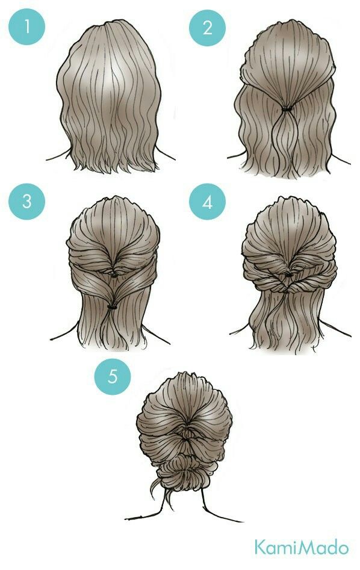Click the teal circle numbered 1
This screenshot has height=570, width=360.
pyautogui.click(x=26, y=26)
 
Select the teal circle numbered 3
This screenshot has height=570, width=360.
pyautogui.click(x=26, y=202)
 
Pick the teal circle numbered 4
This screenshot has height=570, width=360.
pyautogui.click(x=207, y=202)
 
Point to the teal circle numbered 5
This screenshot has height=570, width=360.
pyautogui.click(x=113, y=376)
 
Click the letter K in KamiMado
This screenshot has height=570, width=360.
pyautogui.click(x=261, y=547)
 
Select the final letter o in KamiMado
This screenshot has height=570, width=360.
pyautogui.click(x=342, y=548)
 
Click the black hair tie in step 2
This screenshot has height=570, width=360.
pyautogui.click(x=287, y=109)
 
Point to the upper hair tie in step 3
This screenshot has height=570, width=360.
pyautogui.click(x=114, y=276)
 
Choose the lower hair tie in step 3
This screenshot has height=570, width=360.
pyautogui.click(x=112, y=307)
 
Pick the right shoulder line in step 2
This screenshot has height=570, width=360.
pyautogui.click(x=341, y=160)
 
